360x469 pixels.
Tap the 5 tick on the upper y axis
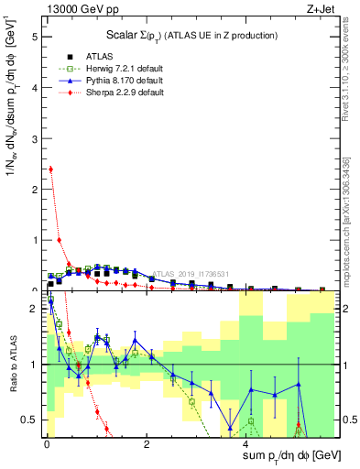pos(35,38)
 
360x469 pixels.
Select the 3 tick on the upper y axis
pos(35,139)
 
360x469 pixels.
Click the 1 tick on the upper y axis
pos(35,240)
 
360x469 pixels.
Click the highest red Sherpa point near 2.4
pos(50,169)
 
